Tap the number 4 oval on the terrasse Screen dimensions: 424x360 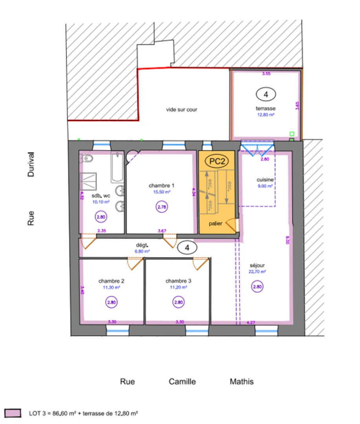(x=266, y=94)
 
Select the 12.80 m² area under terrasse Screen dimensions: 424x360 (x=266, y=115)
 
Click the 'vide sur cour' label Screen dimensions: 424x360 (x=181, y=110)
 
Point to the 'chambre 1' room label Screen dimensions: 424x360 (x=161, y=185)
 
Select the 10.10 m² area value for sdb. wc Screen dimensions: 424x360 (x=101, y=202)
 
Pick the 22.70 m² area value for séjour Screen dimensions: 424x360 (x=257, y=271)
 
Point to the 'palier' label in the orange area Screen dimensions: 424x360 (x=216, y=223)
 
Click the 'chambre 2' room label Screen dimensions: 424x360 (x=111, y=281)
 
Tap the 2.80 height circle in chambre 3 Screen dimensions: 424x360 (x=178, y=302)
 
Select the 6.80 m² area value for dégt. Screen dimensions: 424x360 (x=142, y=251)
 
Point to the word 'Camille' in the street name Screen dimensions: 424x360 (x=182, y=382)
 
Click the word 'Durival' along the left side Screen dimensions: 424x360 (x=31, y=165)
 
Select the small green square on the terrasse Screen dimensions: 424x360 (x=291, y=133)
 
